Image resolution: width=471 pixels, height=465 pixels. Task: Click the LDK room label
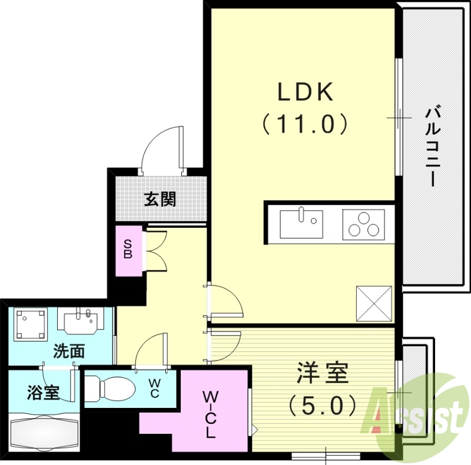[x=306, y=92]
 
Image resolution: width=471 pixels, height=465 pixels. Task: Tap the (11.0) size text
[x=306, y=124]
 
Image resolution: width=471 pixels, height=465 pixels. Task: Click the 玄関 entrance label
[x=160, y=200]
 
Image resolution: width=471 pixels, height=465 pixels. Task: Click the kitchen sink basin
[x=301, y=224]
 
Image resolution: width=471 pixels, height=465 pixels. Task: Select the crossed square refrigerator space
[x=374, y=303]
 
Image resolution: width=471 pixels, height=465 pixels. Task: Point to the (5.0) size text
[x=321, y=405]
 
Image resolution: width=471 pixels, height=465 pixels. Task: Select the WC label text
[x=153, y=388]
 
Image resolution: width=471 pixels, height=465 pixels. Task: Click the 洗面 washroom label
[x=68, y=352]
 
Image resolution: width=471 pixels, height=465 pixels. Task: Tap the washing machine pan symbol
[x=31, y=324]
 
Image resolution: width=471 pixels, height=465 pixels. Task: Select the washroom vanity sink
[x=82, y=321]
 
